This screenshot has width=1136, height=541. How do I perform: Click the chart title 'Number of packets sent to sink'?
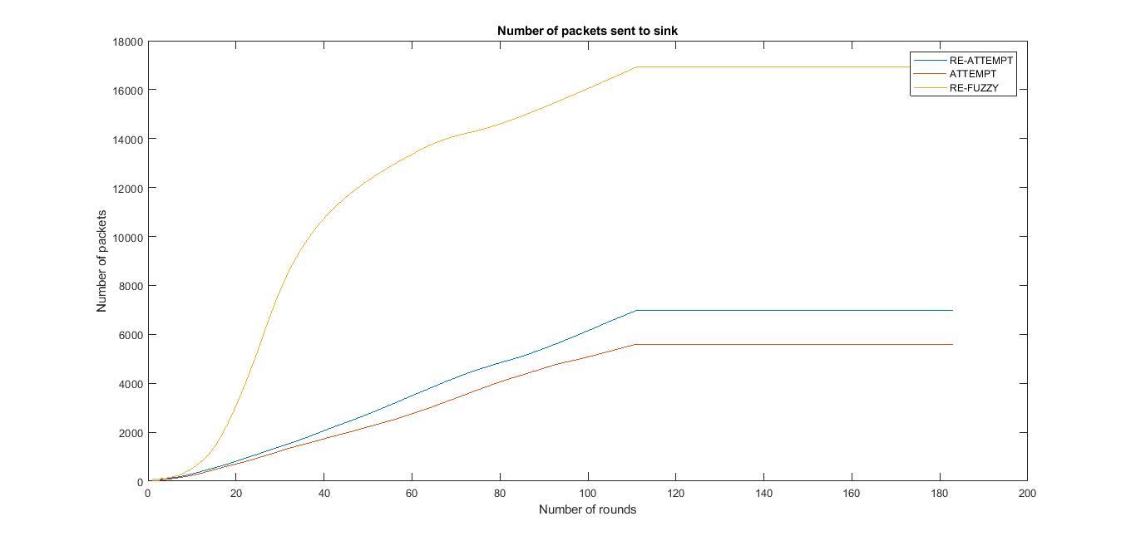tap(587, 31)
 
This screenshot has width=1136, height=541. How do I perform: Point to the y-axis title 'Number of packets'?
tap(102, 261)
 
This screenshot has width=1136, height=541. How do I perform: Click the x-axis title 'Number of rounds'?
tap(587, 509)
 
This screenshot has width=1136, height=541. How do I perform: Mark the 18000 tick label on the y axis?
tap(127, 42)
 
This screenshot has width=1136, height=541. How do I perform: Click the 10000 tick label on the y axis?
tap(127, 237)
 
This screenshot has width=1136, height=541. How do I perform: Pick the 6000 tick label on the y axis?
tap(131, 335)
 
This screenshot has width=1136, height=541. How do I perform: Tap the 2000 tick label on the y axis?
tap(131, 433)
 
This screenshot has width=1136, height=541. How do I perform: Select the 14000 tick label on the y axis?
tap(127, 139)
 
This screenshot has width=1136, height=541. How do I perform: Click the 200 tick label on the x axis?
tap(1027, 494)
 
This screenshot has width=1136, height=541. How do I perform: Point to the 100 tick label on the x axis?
tap(588, 494)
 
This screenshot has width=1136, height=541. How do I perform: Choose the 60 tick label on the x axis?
tap(412, 494)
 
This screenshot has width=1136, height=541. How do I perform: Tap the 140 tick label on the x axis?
tap(763, 494)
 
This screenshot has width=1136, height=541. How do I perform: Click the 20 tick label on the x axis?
tap(236, 494)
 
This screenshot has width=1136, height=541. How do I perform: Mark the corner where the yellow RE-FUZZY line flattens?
tap(636, 67)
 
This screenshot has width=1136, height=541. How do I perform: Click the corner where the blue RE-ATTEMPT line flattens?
tap(636, 310)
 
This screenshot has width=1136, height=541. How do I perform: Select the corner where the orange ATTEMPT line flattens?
tap(636, 344)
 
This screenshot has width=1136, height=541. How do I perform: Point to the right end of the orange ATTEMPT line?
tap(952, 344)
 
